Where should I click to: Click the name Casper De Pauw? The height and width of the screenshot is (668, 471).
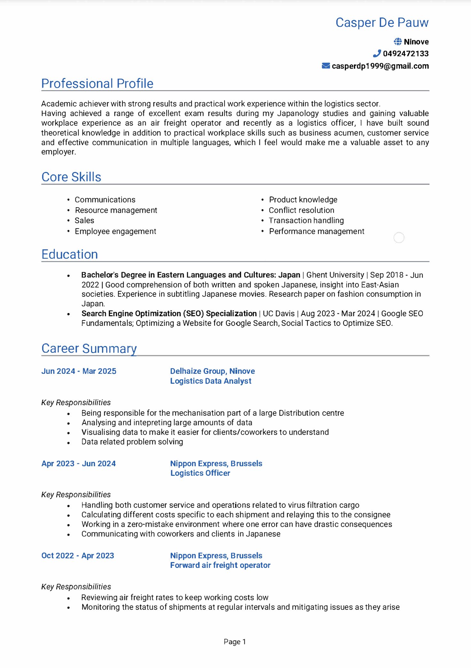[382, 23]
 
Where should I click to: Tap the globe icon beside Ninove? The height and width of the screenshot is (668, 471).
[398, 42]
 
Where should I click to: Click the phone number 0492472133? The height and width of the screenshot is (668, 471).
[406, 54]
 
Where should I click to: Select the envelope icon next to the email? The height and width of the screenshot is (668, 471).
[326, 66]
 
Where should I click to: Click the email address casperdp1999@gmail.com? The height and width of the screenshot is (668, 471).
[380, 66]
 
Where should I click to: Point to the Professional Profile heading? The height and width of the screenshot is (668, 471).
[97, 83]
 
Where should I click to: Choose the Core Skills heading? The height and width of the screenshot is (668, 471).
[71, 177]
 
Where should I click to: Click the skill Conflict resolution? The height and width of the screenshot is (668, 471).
[301, 210]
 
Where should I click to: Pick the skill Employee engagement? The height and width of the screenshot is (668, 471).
[115, 231]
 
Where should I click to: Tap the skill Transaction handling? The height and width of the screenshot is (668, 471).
[306, 221]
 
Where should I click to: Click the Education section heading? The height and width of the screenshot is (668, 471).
[70, 254]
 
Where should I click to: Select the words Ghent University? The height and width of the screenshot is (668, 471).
[335, 275]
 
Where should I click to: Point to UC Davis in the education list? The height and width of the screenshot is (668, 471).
[279, 314]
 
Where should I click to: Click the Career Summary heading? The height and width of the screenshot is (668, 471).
[89, 348]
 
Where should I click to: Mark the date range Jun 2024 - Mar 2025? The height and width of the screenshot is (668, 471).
[79, 371]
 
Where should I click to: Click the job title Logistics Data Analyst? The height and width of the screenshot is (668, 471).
[211, 381]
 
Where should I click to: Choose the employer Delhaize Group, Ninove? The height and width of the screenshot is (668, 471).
[212, 371]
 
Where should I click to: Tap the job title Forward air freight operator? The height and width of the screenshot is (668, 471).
[220, 565]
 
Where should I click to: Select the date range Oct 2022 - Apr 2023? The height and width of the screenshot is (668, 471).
[78, 556]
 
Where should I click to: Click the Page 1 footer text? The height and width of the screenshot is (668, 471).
[235, 642]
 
